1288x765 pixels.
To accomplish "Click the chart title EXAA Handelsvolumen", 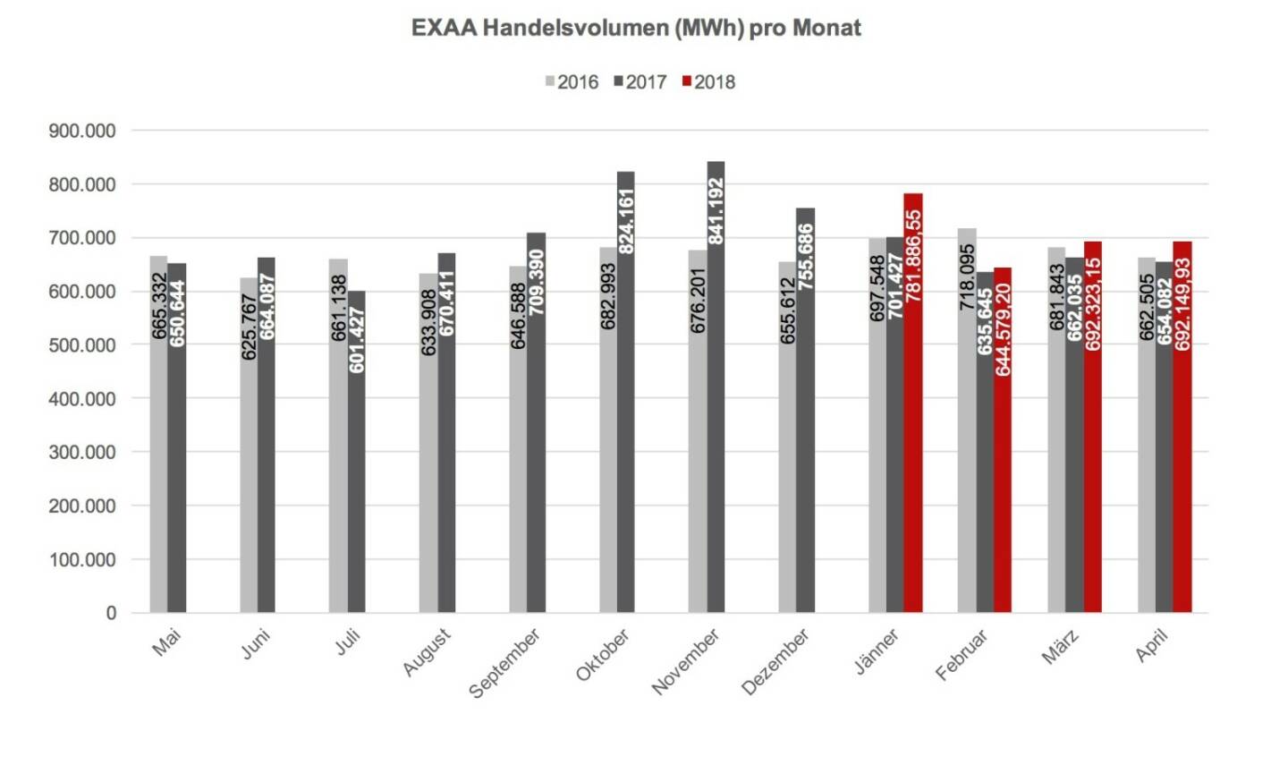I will point(636,28).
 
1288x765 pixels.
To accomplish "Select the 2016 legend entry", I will point(572,82).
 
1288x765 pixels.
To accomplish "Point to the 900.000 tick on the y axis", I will point(81,132).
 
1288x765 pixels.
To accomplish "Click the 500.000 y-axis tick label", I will point(81,345).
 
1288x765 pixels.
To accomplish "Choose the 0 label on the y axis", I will point(111,613).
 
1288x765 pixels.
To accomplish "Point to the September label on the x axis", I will point(505,663).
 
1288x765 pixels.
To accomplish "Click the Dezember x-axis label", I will point(776,661).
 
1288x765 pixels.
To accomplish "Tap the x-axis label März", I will point(1061,646).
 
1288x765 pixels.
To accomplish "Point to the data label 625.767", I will point(249,327).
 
